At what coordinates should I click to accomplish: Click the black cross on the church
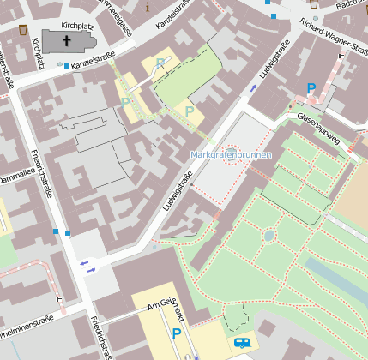click(67, 39)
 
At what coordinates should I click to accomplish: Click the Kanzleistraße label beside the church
click(94, 62)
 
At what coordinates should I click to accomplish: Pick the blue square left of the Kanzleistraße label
click(67, 66)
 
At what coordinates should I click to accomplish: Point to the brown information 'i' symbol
click(147, 7)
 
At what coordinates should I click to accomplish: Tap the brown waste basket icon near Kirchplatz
click(23, 30)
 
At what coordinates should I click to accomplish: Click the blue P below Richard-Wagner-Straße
click(311, 88)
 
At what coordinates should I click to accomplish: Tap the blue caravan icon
click(243, 342)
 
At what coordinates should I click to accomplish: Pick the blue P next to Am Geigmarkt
click(177, 333)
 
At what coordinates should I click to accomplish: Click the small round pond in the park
click(268, 235)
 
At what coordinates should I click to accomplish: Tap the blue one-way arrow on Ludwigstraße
click(253, 88)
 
